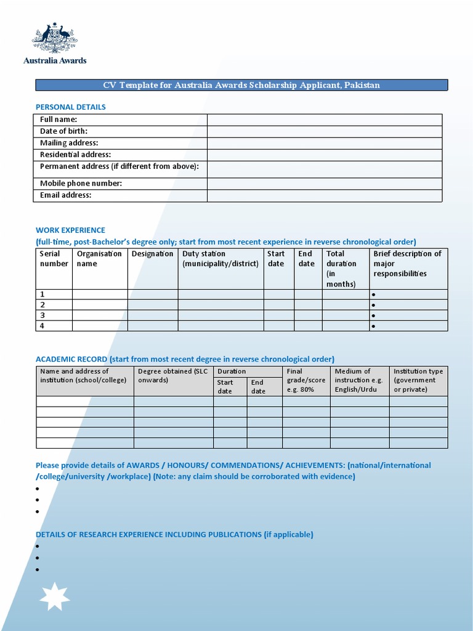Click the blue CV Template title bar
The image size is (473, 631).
[241, 85]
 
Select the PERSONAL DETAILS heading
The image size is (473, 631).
[70, 107]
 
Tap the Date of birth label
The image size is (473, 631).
[64, 131]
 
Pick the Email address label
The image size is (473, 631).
[66, 195]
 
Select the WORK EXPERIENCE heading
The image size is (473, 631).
[70, 230]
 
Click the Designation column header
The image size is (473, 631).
[152, 254]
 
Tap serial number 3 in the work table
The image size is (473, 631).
[42, 315]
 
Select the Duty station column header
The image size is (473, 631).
[204, 259]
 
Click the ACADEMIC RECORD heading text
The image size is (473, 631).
[71, 359]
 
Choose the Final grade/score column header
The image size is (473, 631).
[305, 380]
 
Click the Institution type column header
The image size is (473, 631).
[418, 380]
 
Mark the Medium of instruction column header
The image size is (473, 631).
[358, 380]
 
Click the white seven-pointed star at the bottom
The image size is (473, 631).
[55, 596]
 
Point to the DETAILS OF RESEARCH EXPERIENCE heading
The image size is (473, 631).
[174, 534]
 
